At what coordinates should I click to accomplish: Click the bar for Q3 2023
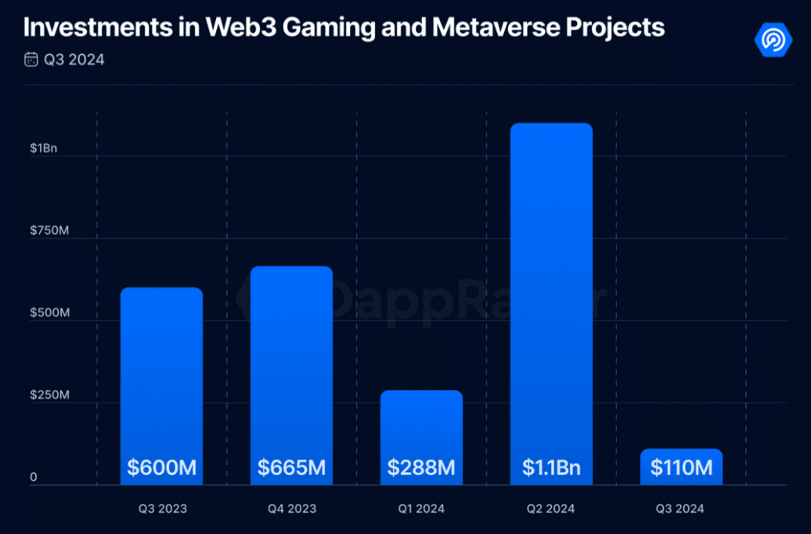click(x=161, y=368)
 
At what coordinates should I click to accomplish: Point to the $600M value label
click(x=161, y=468)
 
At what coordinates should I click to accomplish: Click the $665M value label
click(x=291, y=468)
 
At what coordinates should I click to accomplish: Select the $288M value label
click(x=421, y=468)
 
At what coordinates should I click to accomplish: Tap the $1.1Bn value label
click(x=551, y=468)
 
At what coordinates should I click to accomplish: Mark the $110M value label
click(x=681, y=468)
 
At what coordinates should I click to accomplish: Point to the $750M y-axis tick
click(x=49, y=230)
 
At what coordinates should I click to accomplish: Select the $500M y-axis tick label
click(x=49, y=312)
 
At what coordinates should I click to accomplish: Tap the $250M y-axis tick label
click(x=49, y=395)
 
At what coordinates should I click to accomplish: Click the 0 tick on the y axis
click(x=34, y=477)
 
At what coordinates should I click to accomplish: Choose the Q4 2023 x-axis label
click(x=291, y=509)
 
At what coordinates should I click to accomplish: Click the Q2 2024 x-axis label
click(x=551, y=509)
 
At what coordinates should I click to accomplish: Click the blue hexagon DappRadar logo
click(x=773, y=39)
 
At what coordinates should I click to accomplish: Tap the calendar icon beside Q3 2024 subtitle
click(x=31, y=60)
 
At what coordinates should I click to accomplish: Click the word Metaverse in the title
click(x=481, y=27)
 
